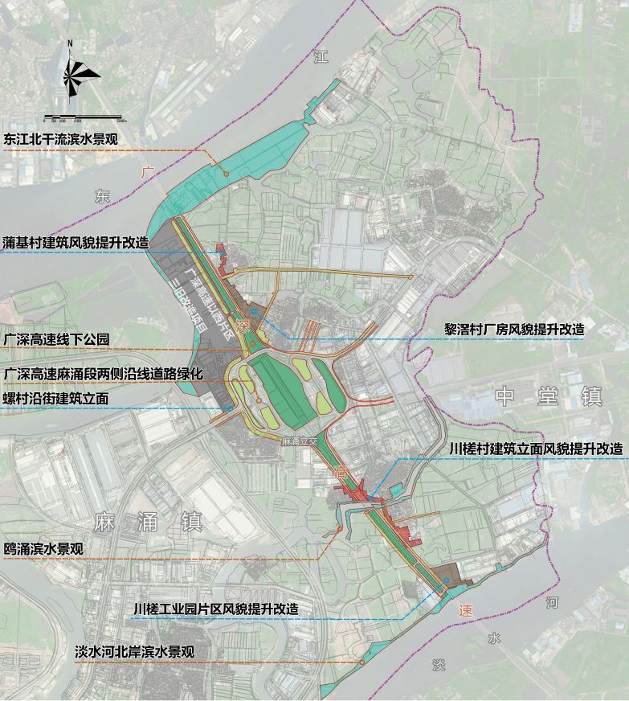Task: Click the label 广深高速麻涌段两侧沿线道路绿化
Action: (103, 374)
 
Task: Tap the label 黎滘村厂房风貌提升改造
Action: (514, 329)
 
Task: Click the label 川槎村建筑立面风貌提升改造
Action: (535, 449)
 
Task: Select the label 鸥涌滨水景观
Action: (44, 549)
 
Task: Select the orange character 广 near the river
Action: (146, 172)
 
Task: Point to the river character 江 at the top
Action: (321, 57)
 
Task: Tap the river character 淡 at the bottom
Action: (438, 665)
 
